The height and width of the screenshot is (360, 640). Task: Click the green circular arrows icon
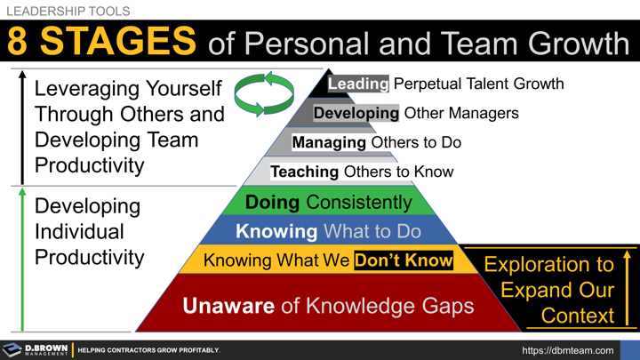[x=263, y=94]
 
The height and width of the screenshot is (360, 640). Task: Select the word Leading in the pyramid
[x=358, y=84]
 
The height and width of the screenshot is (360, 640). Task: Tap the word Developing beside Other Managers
[x=356, y=114]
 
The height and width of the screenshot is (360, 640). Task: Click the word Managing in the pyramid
[x=329, y=142]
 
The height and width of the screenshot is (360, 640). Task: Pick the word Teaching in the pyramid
[x=305, y=172]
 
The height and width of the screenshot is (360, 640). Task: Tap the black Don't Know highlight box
[x=404, y=260]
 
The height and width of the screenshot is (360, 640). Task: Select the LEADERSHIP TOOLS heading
[x=68, y=11]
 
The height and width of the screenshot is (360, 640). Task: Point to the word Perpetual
[x=432, y=84]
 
